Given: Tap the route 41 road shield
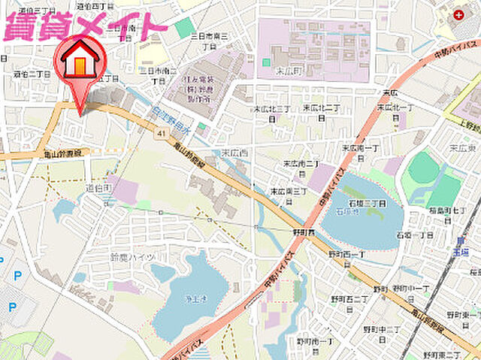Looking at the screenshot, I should click(x=162, y=133).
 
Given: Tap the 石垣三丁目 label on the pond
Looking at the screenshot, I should click(x=366, y=203).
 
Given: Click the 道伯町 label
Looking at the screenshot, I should click(x=98, y=186).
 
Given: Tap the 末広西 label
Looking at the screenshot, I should click(x=232, y=153).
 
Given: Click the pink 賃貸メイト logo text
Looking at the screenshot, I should click(x=84, y=27).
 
